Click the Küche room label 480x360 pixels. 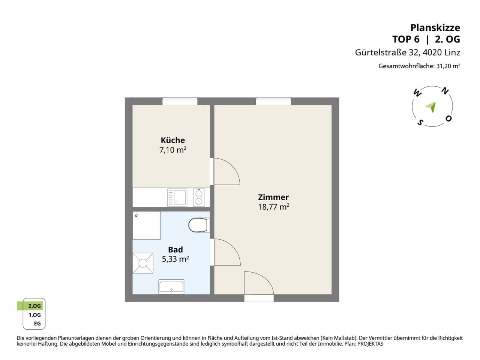(x=172, y=140)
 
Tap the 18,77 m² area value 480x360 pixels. (x=273, y=207)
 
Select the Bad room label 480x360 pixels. (x=175, y=249)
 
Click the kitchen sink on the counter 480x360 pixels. (x=177, y=197)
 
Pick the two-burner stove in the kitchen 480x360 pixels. (x=199, y=197)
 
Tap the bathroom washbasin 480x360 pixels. (x=171, y=286)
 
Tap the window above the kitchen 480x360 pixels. (x=180, y=101)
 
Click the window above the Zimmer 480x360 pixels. (x=273, y=101)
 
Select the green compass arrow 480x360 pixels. (x=431, y=107)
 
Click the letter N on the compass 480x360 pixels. (x=445, y=91)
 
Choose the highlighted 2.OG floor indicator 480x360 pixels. (x=30, y=306)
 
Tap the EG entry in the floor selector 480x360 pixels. (x=37, y=324)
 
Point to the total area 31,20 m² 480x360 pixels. (x=448, y=66)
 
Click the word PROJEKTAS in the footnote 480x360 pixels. (x=370, y=344)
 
